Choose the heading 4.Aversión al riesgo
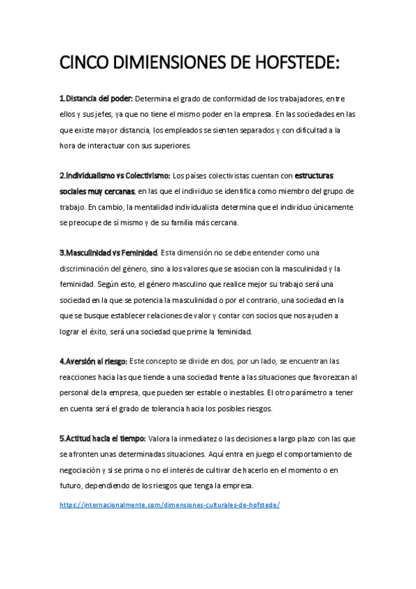pyautogui.click(x=93, y=361)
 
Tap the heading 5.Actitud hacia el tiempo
pyautogui.click(x=102, y=438)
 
